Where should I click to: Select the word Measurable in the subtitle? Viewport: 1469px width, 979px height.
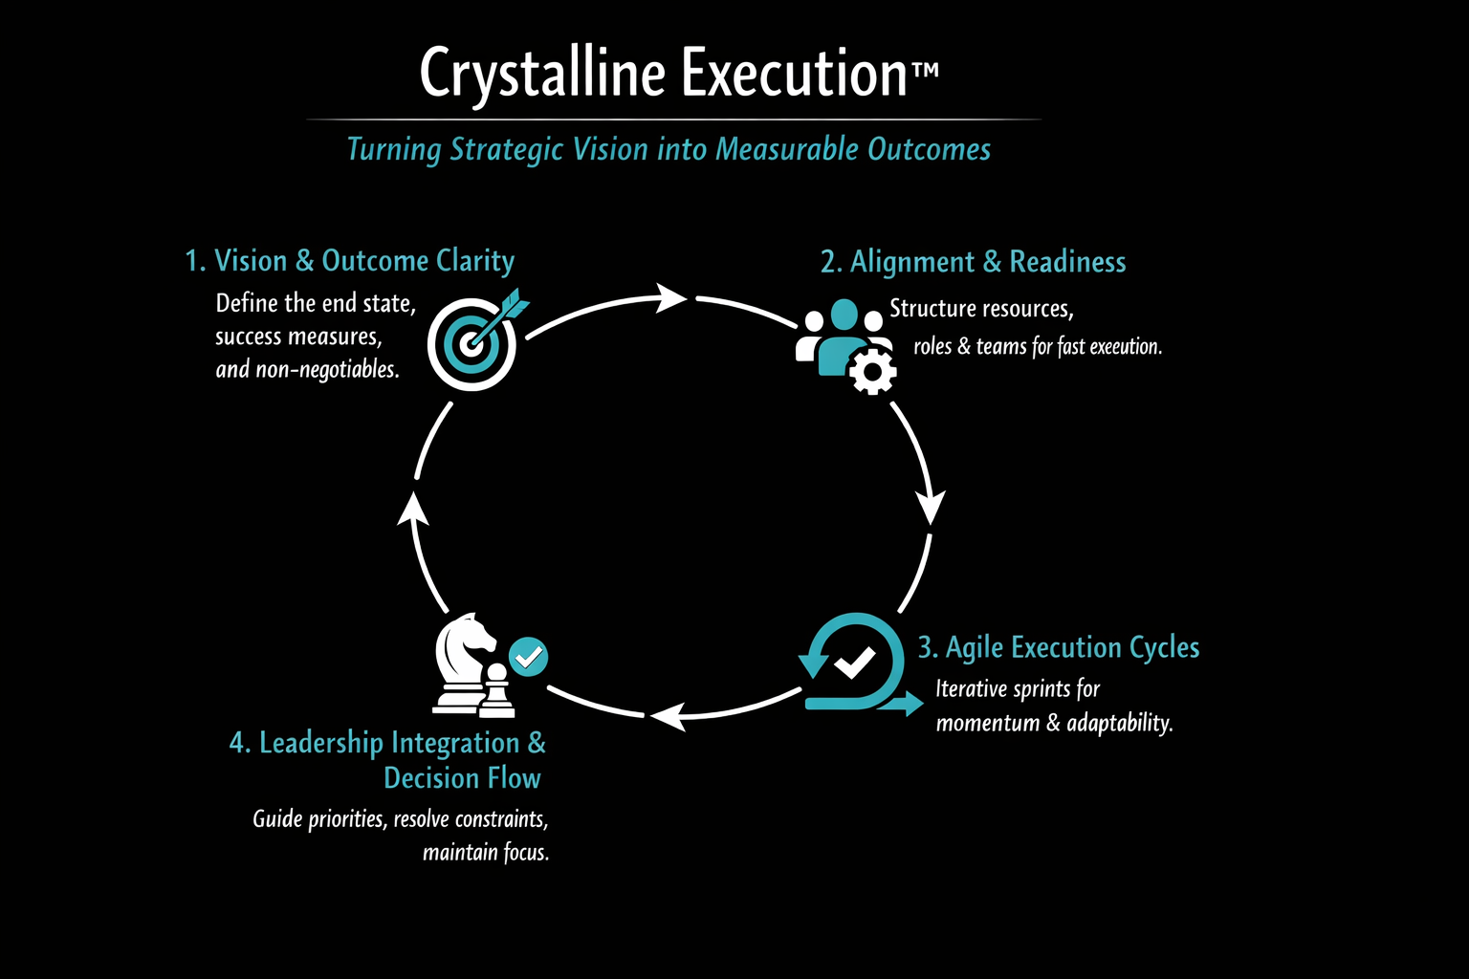pos(787,149)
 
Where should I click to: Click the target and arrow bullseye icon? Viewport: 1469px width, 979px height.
pos(473,339)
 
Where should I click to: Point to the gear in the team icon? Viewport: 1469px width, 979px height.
pos(872,371)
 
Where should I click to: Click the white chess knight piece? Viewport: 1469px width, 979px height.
pos(464,659)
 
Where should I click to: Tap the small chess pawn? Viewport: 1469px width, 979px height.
pos(495,692)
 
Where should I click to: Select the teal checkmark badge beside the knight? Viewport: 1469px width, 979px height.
pos(528,657)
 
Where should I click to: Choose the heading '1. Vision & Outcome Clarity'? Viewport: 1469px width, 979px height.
pos(349,261)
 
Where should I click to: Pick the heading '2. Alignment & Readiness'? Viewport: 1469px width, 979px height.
pos(973,262)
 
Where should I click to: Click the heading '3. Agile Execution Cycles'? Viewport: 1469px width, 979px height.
pos(1058,648)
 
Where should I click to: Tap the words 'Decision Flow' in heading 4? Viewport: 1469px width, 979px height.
pos(462,778)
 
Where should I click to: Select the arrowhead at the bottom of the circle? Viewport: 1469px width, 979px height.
pos(667,715)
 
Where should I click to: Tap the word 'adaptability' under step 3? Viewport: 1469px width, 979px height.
pos(1120,723)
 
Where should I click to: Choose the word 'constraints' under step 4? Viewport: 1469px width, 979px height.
pos(500,819)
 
